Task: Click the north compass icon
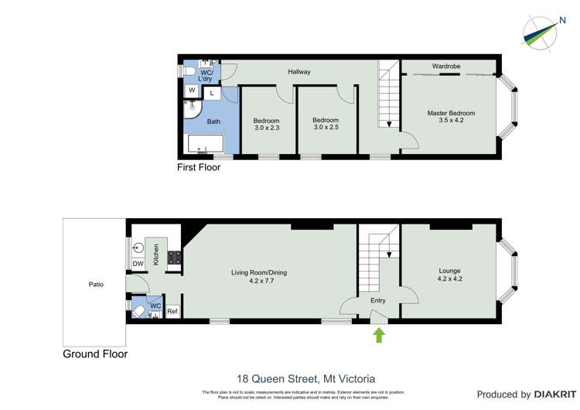pos(541,30)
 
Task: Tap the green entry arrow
pos(378,334)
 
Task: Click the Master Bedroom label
pos(451,117)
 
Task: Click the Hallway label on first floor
pos(299,72)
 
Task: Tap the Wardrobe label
pos(446,67)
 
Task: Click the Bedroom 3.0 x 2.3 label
pos(266,125)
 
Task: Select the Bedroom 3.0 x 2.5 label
pos(326,125)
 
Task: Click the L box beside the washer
pos(212,93)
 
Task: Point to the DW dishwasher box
pos(138,264)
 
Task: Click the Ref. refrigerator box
pos(172,313)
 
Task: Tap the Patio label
pos(96,285)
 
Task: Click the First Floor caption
pos(199,167)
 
